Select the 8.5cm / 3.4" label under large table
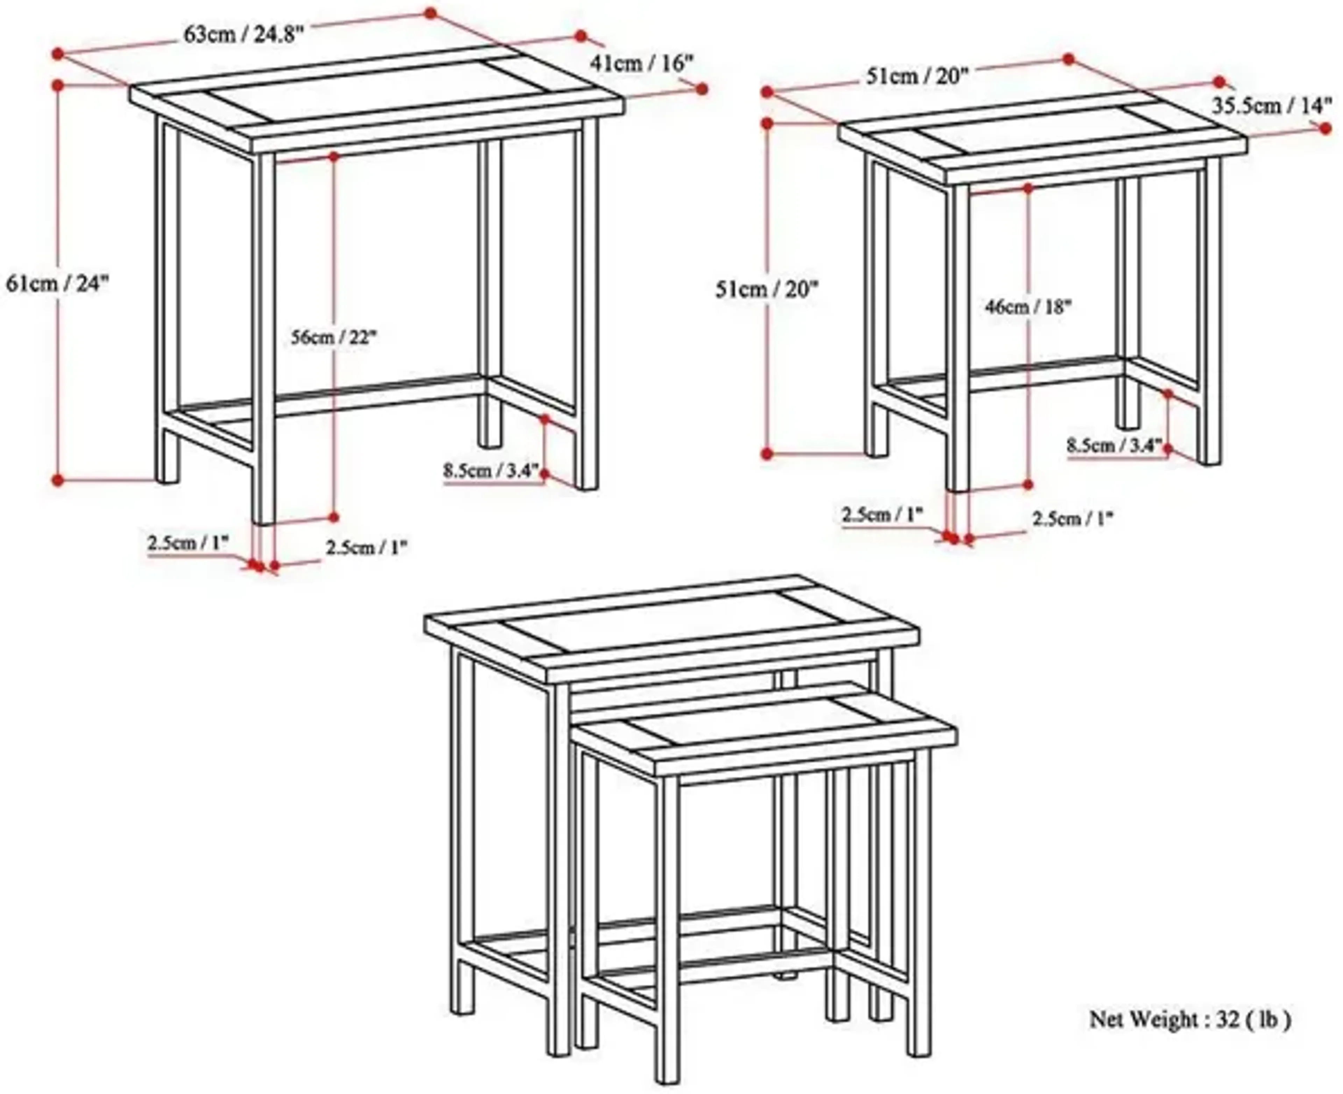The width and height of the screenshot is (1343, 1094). click(x=491, y=471)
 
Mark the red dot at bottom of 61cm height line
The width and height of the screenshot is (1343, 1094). click(x=58, y=480)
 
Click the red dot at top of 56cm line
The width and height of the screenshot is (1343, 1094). click(x=334, y=156)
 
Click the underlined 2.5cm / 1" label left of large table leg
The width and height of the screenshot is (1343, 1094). click(x=188, y=543)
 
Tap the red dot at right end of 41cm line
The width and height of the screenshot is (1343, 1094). click(x=702, y=90)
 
